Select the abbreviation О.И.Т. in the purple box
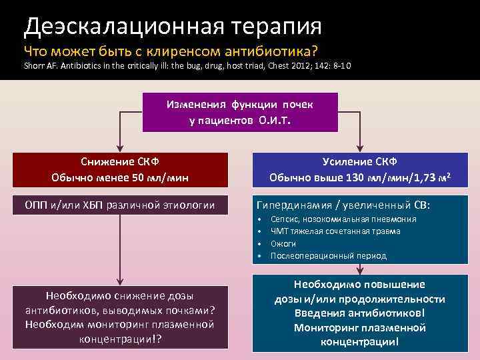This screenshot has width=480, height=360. click(275, 121)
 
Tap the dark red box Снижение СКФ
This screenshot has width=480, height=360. click(120, 170)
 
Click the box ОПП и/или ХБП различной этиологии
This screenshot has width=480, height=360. click(120, 205)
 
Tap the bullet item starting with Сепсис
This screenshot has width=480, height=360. click(343, 219)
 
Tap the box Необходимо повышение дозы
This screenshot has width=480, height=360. click(359, 313)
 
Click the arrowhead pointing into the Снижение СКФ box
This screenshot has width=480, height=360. click(120, 148)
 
